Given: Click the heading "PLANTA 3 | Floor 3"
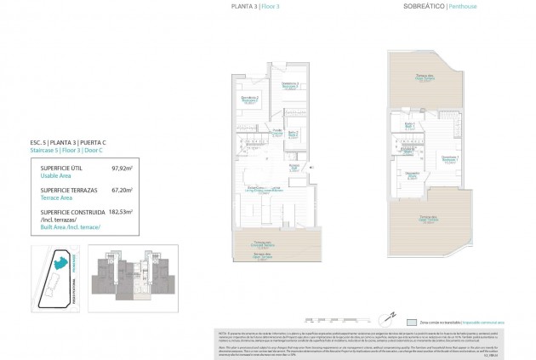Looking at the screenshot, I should [x=254, y=6].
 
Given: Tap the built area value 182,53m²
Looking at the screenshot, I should [x=120, y=210].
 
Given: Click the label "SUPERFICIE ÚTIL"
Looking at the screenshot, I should [x=64, y=169].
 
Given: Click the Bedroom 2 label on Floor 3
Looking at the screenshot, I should [x=248, y=100].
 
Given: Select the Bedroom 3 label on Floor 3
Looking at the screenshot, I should [x=290, y=84].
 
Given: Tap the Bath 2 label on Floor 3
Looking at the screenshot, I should [x=293, y=133].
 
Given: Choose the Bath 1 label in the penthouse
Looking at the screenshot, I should [x=408, y=125].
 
